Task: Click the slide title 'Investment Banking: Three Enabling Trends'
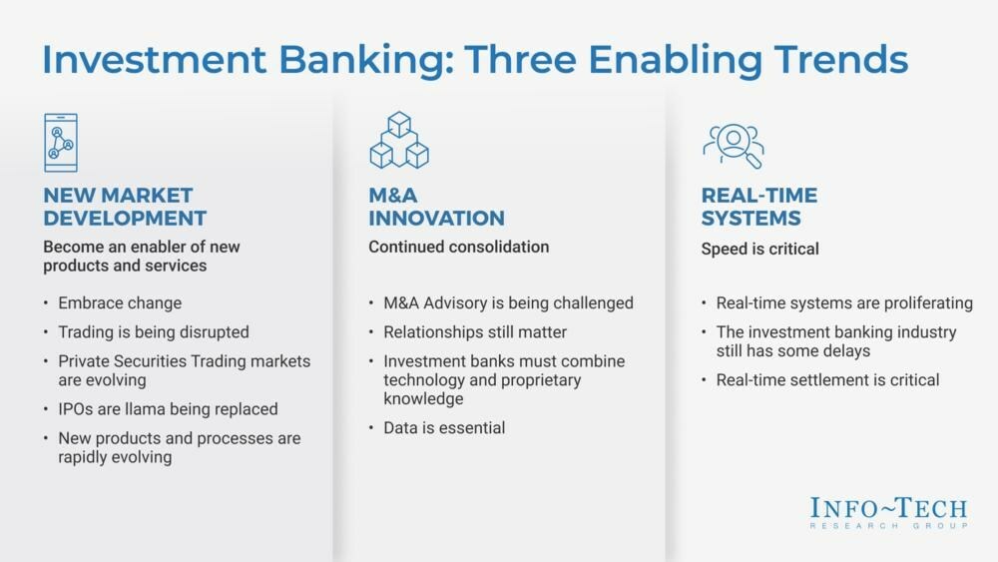click(474, 60)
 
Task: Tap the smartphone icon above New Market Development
click(61, 143)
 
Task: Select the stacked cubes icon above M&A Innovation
click(398, 140)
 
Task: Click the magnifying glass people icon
click(733, 145)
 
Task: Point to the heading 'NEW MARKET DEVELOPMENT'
click(125, 207)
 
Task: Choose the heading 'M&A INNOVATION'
click(436, 207)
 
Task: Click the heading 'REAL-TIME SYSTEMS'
click(758, 207)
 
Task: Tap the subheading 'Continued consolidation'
click(458, 247)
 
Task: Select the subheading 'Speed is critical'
click(759, 249)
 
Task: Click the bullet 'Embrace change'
click(120, 302)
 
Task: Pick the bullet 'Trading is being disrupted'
click(154, 331)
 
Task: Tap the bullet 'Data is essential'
click(444, 427)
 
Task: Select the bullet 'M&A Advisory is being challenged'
click(508, 302)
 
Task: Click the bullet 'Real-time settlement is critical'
click(827, 379)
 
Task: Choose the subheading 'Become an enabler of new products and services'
click(142, 257)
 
